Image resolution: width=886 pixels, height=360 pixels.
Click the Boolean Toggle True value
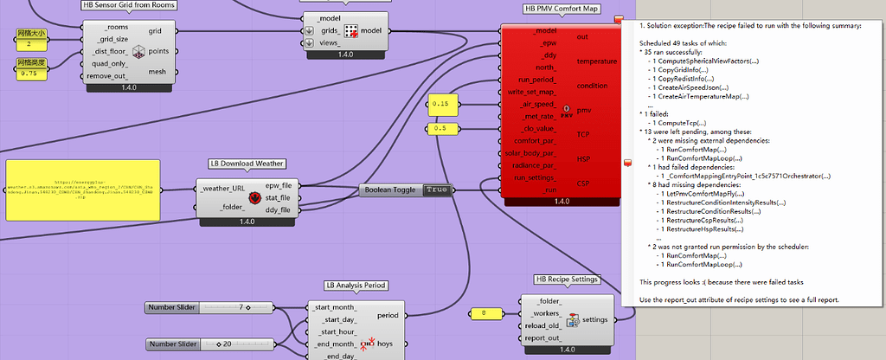438,189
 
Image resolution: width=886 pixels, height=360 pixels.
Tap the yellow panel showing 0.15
441,104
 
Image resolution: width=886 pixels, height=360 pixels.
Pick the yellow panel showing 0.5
441,129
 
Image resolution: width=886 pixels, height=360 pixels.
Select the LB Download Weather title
247,163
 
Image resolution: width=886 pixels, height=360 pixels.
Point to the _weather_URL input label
221,189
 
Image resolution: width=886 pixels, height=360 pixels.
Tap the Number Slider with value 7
208,307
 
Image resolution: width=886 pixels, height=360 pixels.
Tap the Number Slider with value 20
208,344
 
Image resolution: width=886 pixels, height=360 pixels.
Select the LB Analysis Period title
356,285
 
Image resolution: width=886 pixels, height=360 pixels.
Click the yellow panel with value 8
485,313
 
